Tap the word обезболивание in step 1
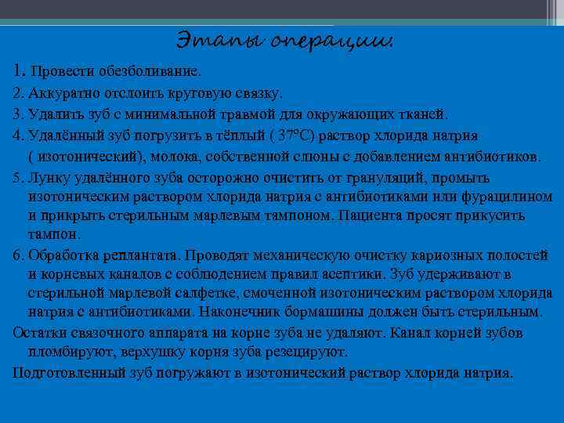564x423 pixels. [x=156, y=71]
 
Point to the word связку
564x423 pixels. [x=255, y=92]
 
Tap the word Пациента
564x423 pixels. [x=399, y=215]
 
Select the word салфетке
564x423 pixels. [x=179, y=294]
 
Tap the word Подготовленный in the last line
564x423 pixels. [x=62, y=372]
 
